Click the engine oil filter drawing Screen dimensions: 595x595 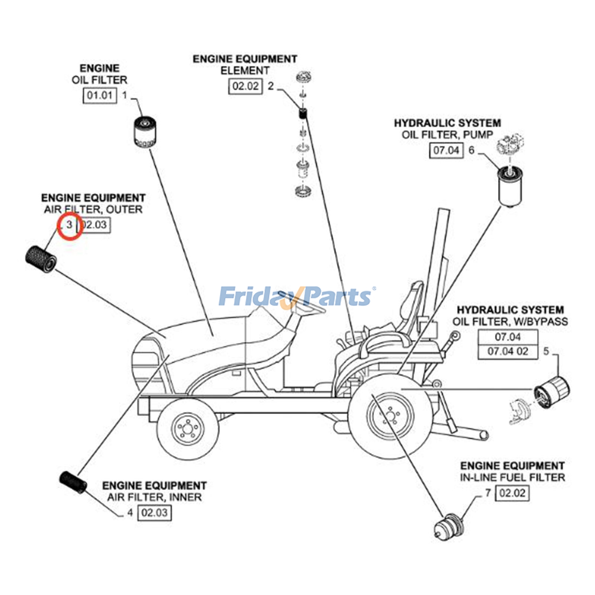coord(144,132)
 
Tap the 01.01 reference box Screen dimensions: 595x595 coord(99,95)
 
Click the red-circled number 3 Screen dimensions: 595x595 coord(70,225)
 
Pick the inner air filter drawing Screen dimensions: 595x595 coord(73,482)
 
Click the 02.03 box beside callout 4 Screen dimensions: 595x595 coord(154,513)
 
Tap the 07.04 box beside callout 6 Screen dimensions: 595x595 coord(446,150)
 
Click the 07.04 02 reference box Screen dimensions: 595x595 coord(508,351)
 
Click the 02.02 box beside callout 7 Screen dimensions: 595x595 coord(512,493)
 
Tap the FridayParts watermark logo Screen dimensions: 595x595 coord(296,297)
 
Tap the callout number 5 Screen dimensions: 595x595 coord(546,351)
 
